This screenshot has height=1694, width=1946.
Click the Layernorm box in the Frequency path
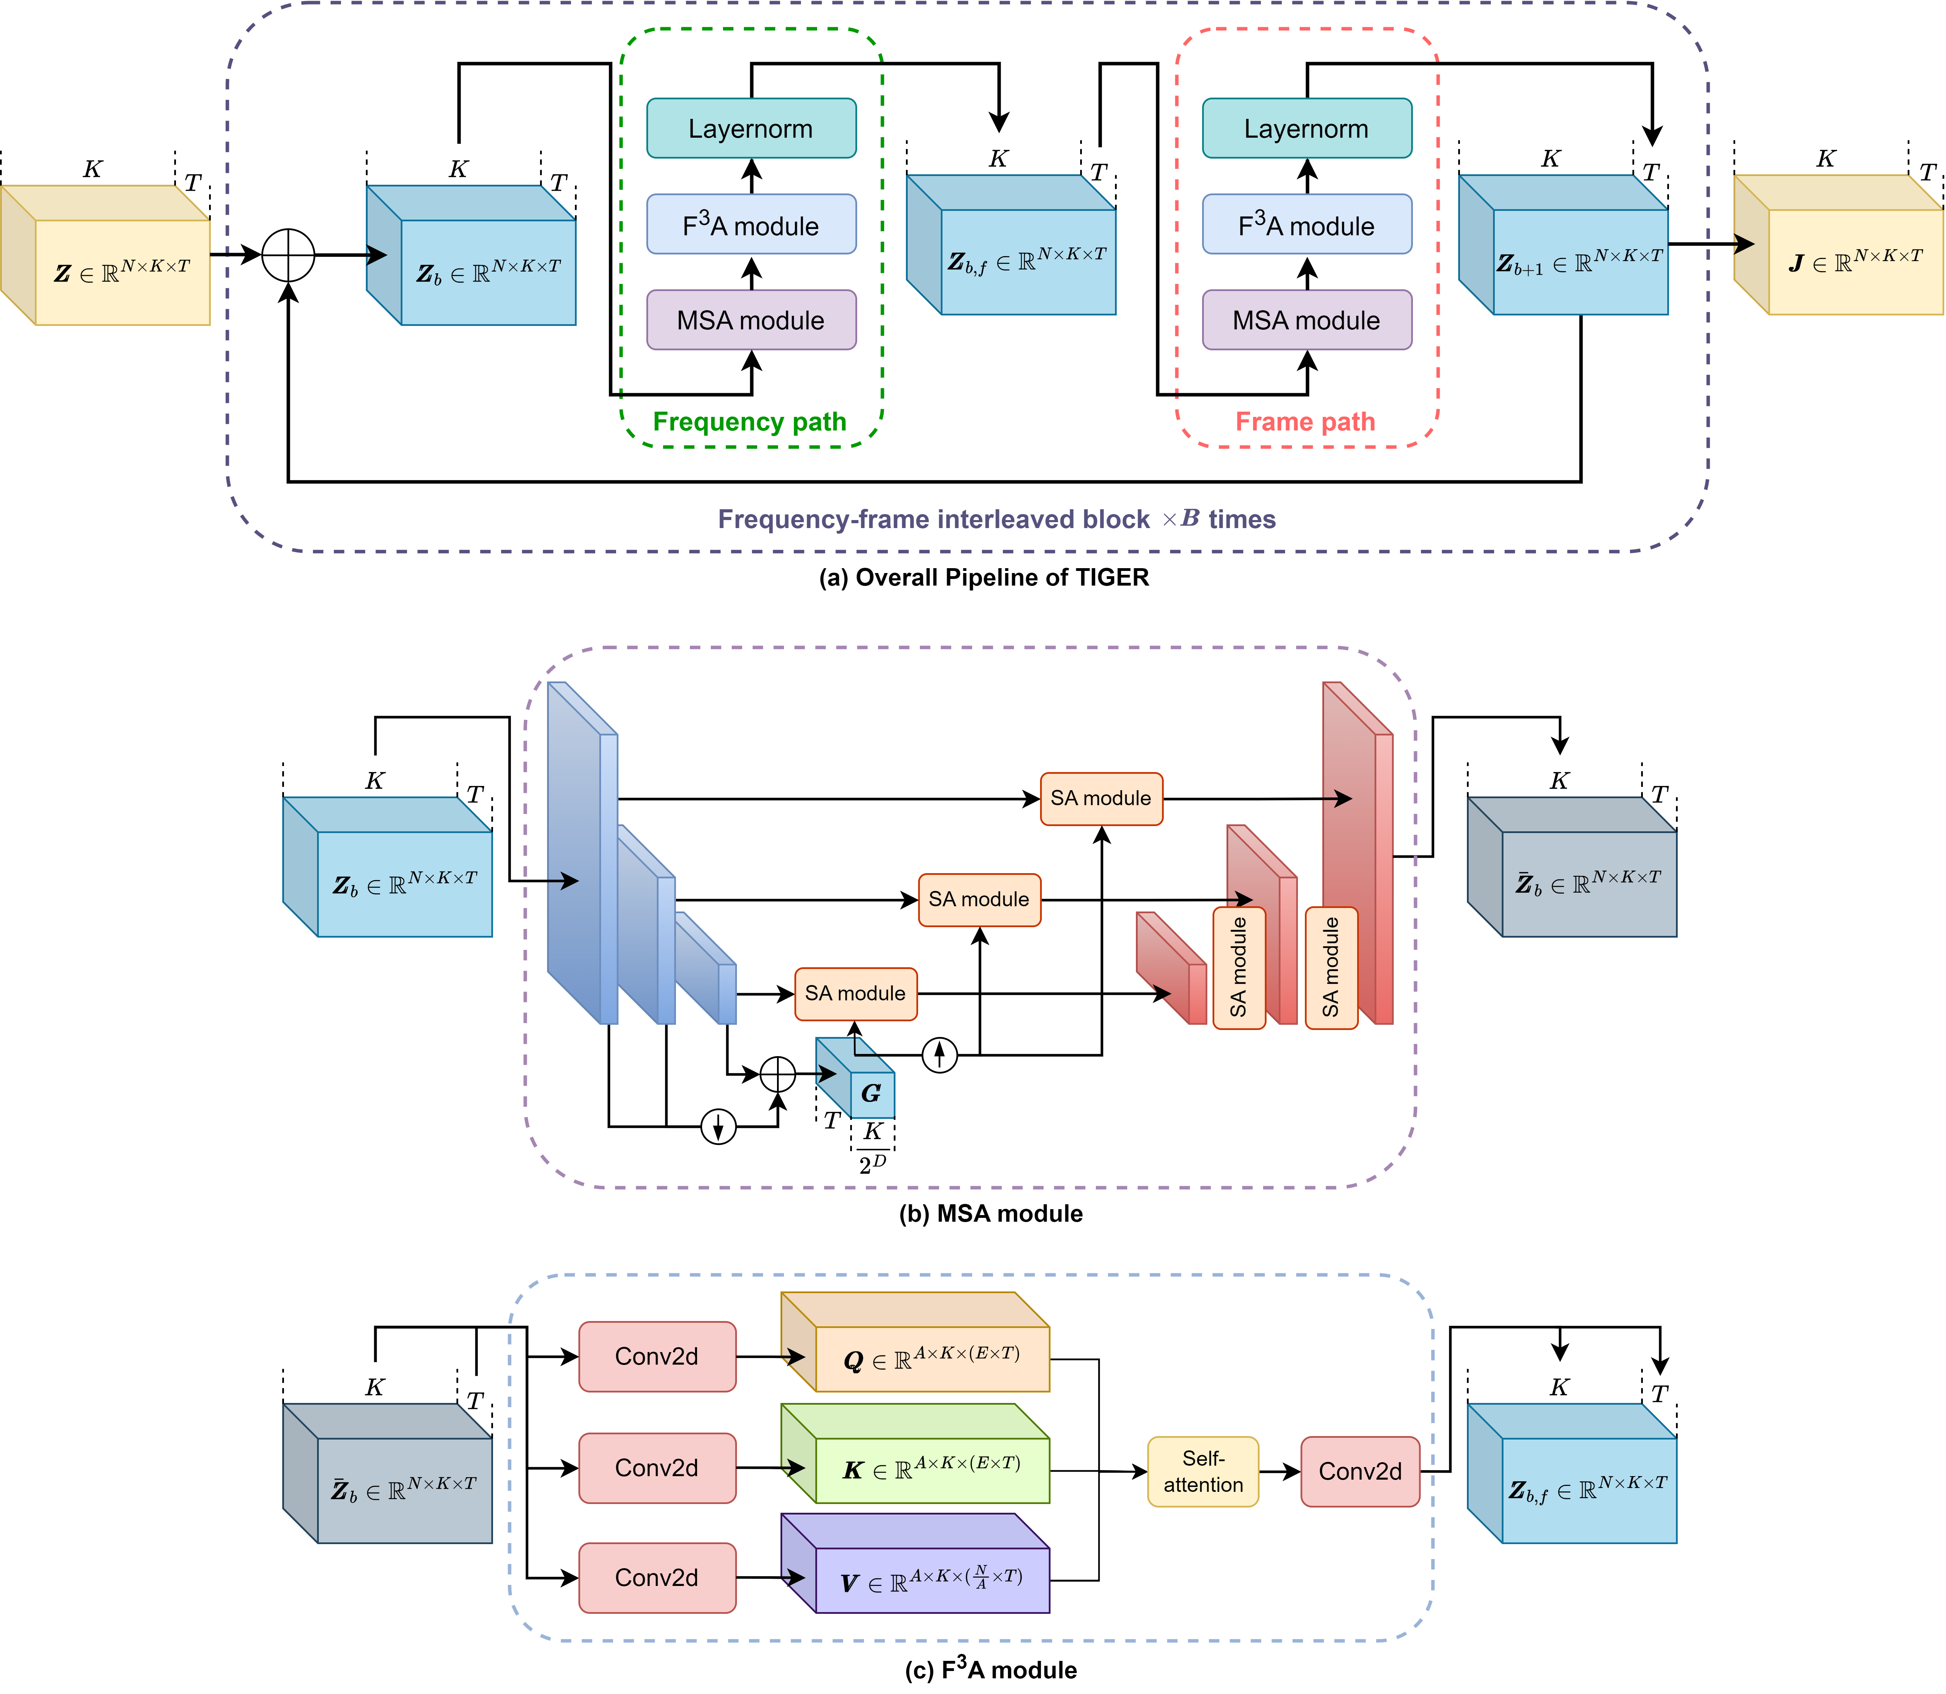coord(751,129)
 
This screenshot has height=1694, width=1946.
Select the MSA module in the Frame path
coord(1306,320)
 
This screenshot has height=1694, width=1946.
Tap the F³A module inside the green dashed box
coord(751,225)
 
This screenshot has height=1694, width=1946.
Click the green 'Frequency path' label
coord(749,422)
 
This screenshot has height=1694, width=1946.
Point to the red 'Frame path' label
coord(1305,422)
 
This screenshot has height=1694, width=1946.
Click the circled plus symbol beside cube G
coord(778,1074)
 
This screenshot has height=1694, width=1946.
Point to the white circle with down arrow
coord(718,1127)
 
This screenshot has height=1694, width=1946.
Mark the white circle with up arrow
coord(939,1055)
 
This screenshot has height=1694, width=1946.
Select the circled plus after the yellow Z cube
coord(288,255)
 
